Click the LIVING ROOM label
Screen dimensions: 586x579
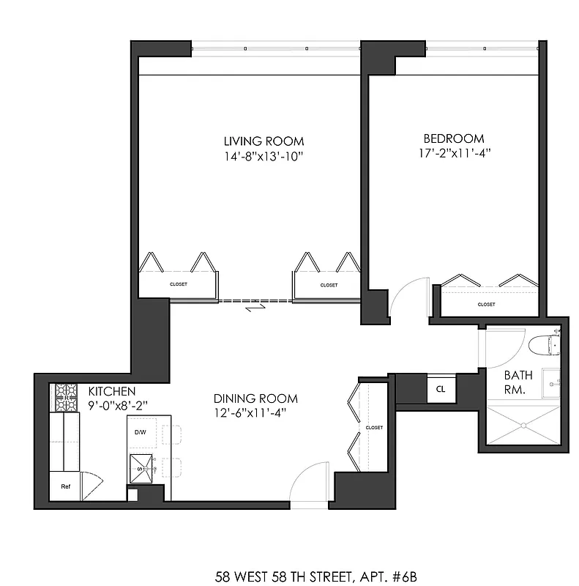(264, 141)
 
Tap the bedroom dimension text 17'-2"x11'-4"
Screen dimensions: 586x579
(454, 153)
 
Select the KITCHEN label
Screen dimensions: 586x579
(111, 391)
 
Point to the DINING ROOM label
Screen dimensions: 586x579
(255, 398)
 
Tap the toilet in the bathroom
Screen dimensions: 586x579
(544, 344)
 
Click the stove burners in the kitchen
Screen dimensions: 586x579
(66, 398)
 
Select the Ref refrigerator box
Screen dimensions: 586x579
(65, 486)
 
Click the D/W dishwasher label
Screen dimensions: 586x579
(140, 432)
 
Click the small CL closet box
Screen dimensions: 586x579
(440, 390)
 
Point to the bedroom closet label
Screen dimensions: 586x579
(486, 304)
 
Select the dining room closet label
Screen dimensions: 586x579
(374, 427)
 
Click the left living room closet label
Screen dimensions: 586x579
(179, 285)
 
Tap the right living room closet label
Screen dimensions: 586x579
(329, 285)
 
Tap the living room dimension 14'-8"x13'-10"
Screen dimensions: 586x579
(264, 155)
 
